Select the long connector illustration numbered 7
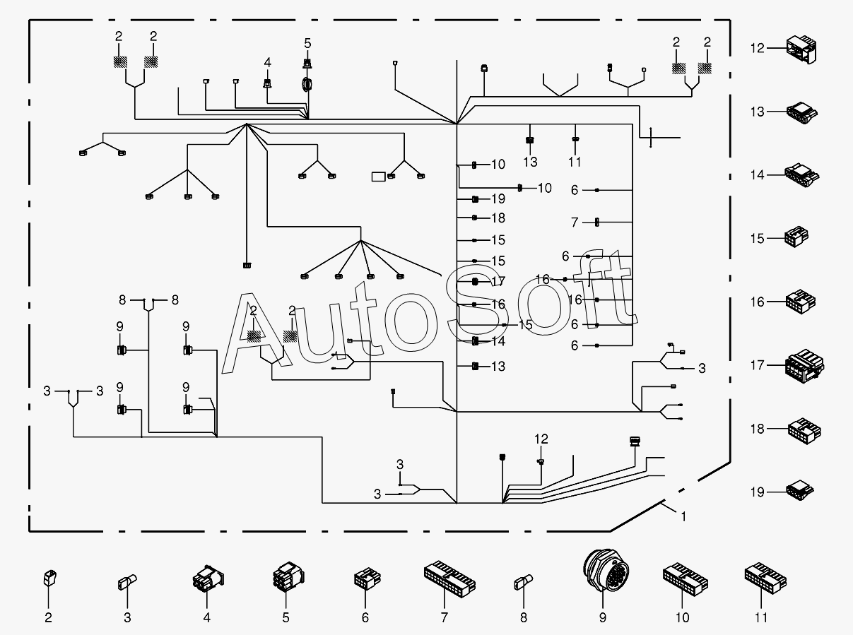click(x=449, y=576)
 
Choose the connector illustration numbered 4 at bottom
click(x=206, y=579)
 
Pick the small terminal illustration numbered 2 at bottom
click(x=49, y=578)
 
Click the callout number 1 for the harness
click(x=683, y=516)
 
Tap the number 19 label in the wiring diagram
click(x=498, y=199)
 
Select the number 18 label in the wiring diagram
click(x=498, y=218)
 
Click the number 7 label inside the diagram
click(x=575, y=222)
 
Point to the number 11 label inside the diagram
click(x=575, y=162)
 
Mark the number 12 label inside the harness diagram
click(x=541, y=439)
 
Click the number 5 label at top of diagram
click(x=307, y=42)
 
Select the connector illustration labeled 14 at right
click(x=801, y=174)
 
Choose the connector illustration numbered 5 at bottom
click(x=286, y=576)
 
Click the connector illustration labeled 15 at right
click(x=796, y=237)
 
